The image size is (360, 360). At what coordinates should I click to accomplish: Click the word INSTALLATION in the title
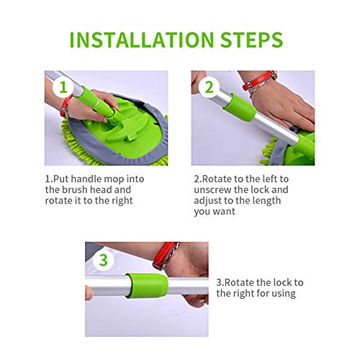pos(142,40)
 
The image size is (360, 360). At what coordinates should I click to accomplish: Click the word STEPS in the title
pos(251,40)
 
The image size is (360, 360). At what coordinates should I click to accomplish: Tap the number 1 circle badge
pos(63,87)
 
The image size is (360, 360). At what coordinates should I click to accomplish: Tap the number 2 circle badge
pos(209,87)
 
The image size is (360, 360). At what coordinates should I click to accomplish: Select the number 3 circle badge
pos(104,260)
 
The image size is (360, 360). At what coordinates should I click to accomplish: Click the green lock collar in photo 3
pos(147,286)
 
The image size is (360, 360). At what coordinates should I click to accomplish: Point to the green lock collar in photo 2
pos(239,107)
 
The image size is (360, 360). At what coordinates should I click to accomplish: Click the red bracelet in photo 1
pos(66,106)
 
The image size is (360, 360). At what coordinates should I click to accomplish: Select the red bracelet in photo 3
pos(164,256)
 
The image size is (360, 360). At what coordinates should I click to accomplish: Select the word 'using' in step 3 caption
pos(284,294)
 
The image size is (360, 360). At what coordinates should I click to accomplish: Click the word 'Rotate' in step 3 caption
pos(239,282)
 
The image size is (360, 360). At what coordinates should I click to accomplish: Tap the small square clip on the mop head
pos(132,137)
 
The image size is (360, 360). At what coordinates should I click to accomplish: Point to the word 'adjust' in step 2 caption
pos(208,201)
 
